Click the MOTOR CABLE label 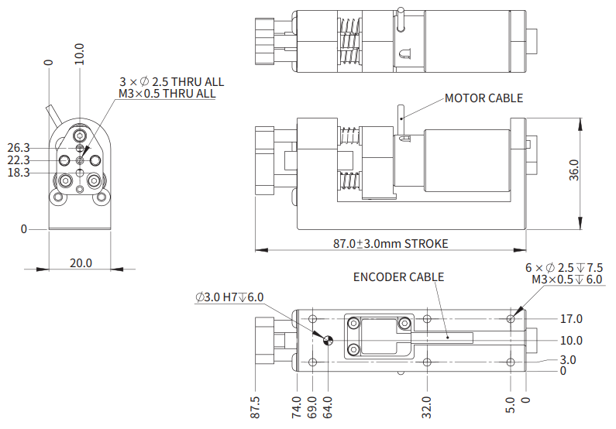[x=484, y=98]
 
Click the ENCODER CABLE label [x=398, y=276]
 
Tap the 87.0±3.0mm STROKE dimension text [x=391, y=243]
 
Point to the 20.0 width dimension [x=81, y=263]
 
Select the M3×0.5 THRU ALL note [x=167, y=94]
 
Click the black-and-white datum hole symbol [x=328, y=339]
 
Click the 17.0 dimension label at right [x=571, y=318]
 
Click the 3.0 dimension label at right [x=568, y=360]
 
